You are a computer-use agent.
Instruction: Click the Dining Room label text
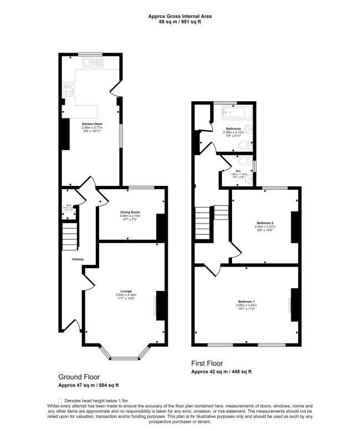tap(131, 212)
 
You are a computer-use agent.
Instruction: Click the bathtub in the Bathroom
tap(236, 115)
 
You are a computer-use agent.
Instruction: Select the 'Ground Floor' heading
tap(79, 377)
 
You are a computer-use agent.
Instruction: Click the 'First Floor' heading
tap(207, 364)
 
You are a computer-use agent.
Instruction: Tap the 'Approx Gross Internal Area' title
tap(179, 17)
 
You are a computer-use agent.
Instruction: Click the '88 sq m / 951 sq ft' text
tap(179, 23)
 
